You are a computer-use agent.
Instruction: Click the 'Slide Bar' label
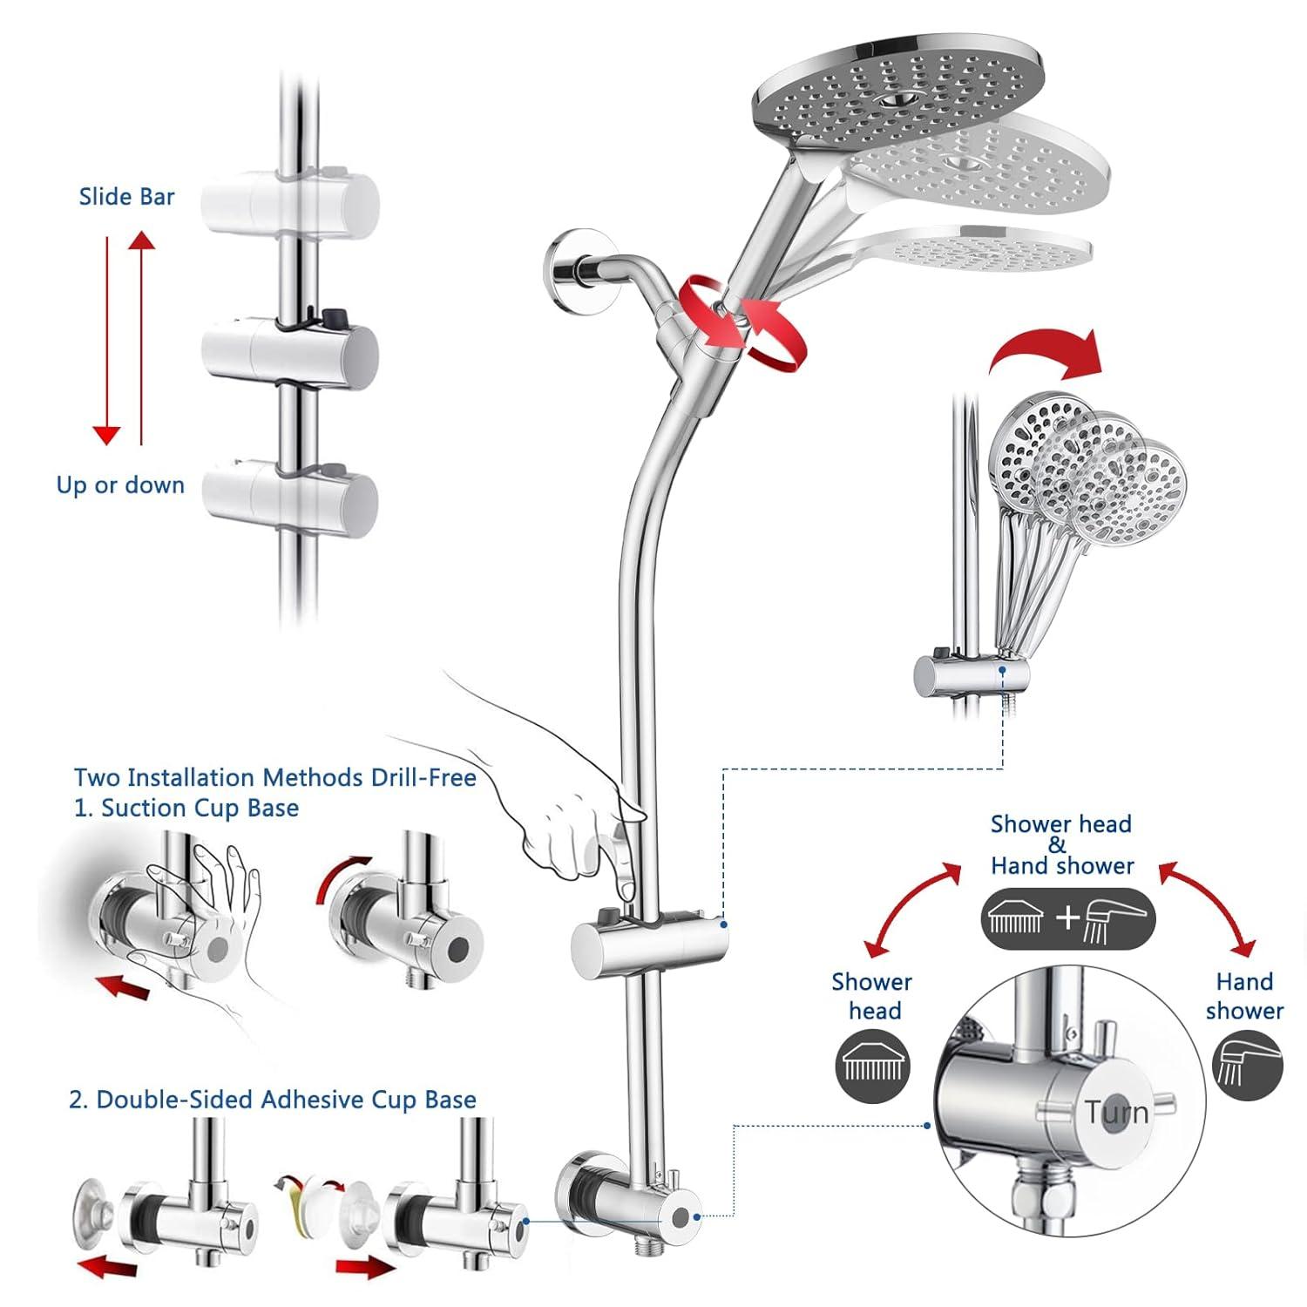click(x=126, y=197)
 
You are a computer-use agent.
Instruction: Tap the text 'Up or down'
click(x=120, y=485)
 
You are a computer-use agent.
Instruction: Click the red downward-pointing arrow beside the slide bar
click(x=106, y=340)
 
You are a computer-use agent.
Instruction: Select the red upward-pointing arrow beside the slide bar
click(x=141, y=340)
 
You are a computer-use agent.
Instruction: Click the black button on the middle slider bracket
click(x=331, y=313)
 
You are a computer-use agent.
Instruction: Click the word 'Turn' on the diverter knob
click(x=1116, y=1113)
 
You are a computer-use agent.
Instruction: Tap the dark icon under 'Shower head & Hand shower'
click(x=1068, y=918)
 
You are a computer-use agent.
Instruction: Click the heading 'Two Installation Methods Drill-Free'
click(x=274, y=777)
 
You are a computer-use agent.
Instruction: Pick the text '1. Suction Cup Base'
click(x=186, y=809)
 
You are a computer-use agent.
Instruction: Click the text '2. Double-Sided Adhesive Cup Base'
click(x=273, y=1100)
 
